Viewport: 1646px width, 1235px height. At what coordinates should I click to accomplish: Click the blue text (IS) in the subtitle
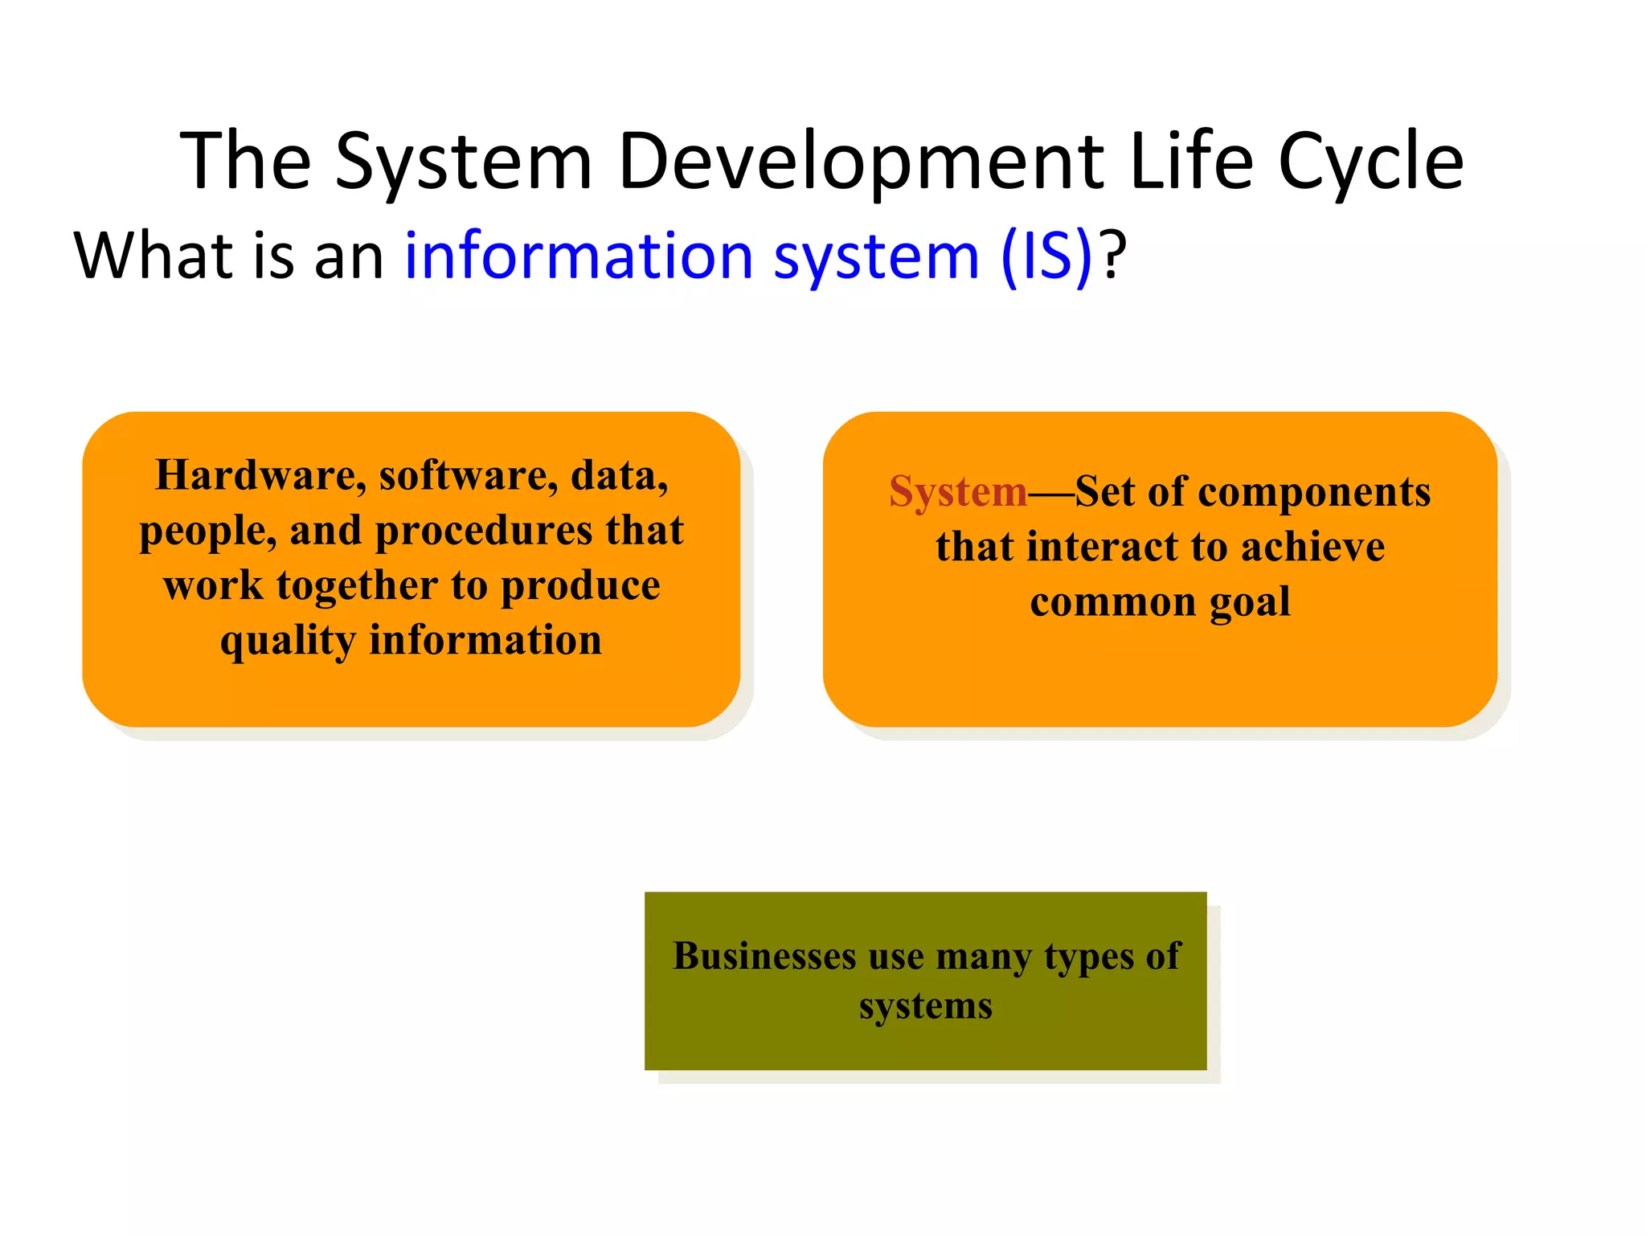[x=1046, y=256]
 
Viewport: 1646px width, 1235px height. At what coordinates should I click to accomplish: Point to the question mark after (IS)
[x=1113, y=256]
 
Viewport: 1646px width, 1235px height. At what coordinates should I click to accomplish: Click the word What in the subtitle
[x=153, y=256]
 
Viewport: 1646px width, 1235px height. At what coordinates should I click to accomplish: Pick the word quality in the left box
[x=288, y=642]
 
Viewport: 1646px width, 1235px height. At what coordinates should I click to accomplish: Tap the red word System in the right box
[x=958, y=492]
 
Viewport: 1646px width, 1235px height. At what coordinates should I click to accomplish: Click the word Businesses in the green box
[x=764, y=956]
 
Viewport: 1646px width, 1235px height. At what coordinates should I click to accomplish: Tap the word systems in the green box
[x=925, y=1006]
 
